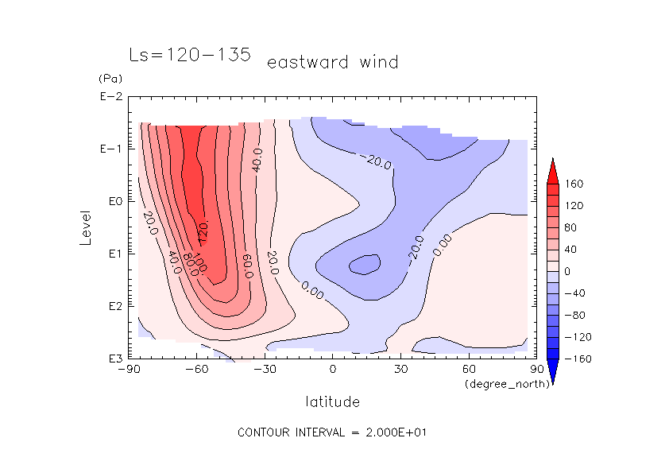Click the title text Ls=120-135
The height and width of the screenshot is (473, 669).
190,55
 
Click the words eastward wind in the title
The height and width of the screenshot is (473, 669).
332,62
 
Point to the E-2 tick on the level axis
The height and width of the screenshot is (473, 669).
110,97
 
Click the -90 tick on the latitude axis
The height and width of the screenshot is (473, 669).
129,370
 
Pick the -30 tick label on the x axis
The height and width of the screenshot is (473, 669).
265,370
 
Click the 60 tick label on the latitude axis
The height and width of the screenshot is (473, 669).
469,370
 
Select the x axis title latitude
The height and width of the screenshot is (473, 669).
332,401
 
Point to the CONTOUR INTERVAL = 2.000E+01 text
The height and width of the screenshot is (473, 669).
334,432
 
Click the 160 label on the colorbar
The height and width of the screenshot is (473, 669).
574,184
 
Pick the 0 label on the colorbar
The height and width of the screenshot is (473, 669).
567,272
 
